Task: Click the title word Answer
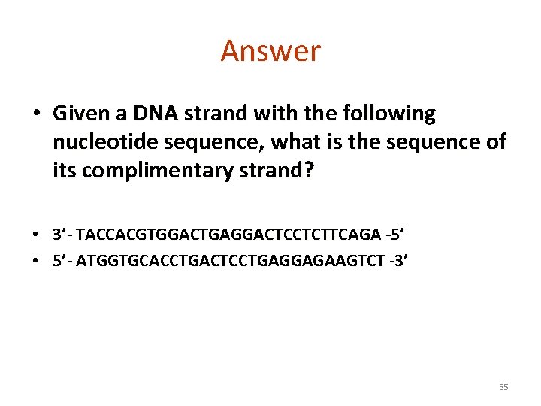[x=270, y=51]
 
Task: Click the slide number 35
[x=503, y=387]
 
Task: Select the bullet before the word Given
[x=37, y=114]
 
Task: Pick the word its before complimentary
[x=65, y=171]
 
